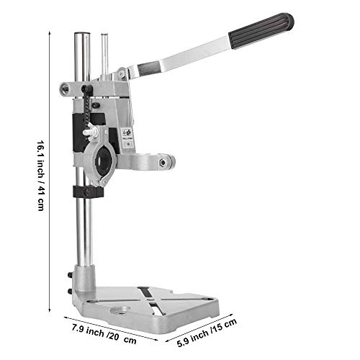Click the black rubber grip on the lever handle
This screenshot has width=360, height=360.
(261, 31)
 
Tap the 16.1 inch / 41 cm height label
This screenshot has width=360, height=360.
(40, 176)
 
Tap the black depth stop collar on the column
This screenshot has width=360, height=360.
(89, 192)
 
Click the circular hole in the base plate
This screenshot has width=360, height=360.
(120, 310)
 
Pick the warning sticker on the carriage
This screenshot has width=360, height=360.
(127, 138)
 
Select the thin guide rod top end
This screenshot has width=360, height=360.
(104, 35)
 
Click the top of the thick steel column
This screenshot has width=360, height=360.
(82, 34)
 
